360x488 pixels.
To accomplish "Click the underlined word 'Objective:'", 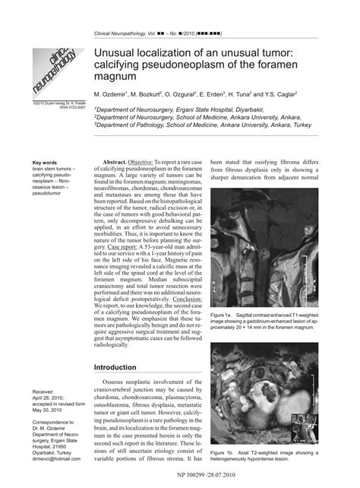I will [141, 163].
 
